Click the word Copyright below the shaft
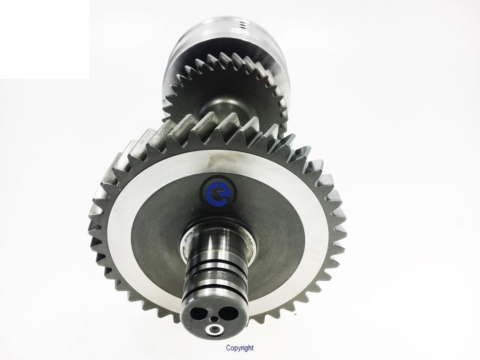pyautogui.click(x=239, y=348)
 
